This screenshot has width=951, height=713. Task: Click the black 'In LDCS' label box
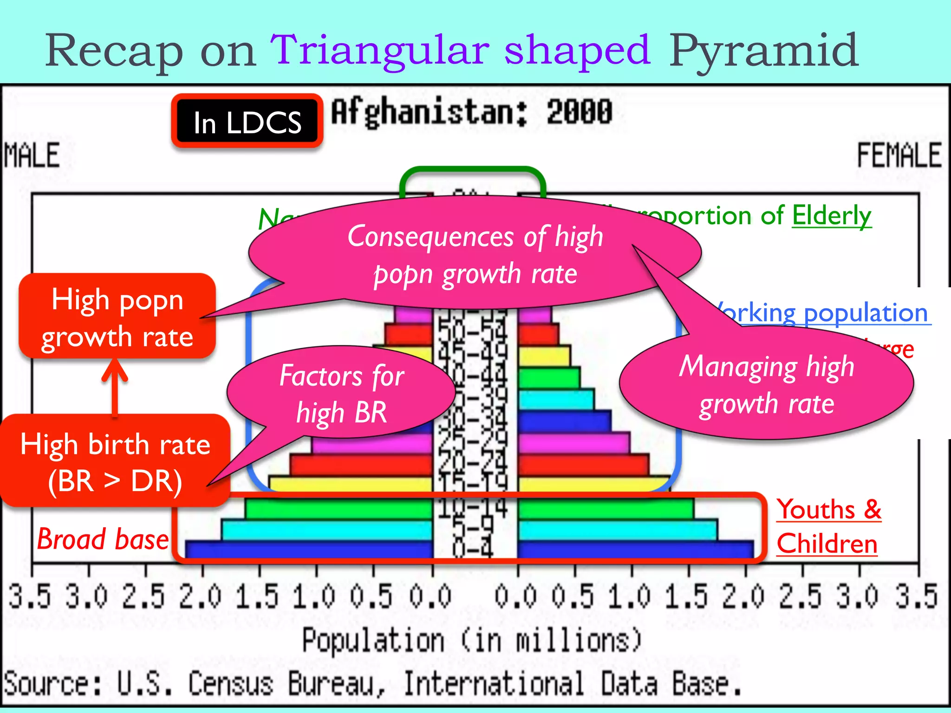click(247, 122)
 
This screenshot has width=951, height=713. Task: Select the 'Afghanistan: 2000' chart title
click(471, 113)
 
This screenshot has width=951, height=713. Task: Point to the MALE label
click(32, 156)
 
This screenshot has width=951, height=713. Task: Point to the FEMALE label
click(899, 156)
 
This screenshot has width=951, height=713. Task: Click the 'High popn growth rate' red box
click(117, 317)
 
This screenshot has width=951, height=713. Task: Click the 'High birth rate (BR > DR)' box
click(115, 462)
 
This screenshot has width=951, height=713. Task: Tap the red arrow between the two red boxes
click(115, 388)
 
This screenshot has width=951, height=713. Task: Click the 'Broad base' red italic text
click(103, 539)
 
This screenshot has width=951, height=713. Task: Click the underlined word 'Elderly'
click(831, 216)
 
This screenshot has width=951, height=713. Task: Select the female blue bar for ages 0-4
click(635, 549)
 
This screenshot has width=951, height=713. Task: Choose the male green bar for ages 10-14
click(339, 508)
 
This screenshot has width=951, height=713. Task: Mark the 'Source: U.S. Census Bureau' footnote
click(371, 684)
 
